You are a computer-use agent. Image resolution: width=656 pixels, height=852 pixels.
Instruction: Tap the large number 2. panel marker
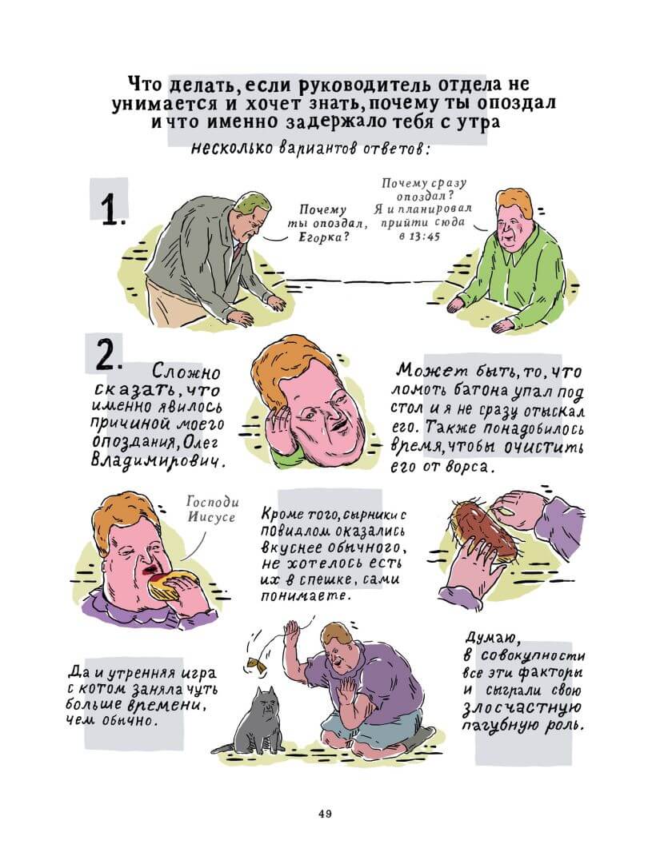pos(107,356)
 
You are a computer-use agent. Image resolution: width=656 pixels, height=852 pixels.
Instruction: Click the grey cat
pos(254,720)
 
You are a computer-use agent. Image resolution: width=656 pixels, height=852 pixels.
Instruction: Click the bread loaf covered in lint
pos(482,528)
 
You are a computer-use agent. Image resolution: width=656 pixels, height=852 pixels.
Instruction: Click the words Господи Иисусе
pos(211,509)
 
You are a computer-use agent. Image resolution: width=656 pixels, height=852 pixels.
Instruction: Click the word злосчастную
pos(522,707)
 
